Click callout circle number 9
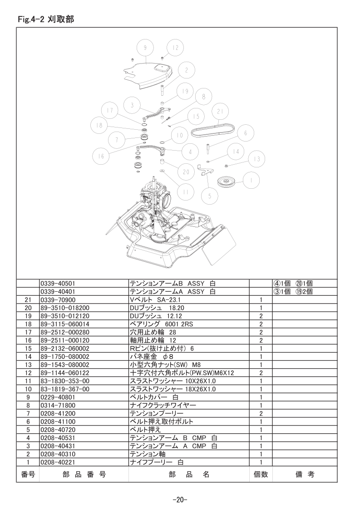pos(145,48)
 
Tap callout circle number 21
pos(221,111)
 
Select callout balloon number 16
pos(101,157)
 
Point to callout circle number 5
pos(210,196)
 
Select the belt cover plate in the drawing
pos(148,75)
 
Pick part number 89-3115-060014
pos(64,324)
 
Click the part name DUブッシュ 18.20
pos(157,308)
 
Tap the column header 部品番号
pos(84,475)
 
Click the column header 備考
pos(305,475)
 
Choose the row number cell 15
pos(28,349)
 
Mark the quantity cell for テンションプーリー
pos(261,414)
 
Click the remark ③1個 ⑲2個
pos(293,292)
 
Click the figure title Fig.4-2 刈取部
pos(46,20)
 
